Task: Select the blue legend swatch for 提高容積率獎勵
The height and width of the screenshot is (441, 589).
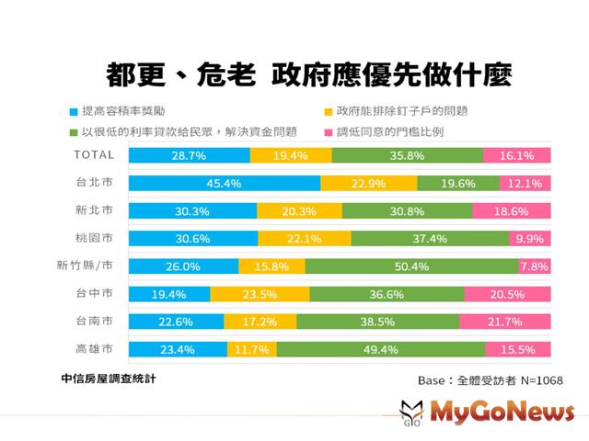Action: coord(73,111)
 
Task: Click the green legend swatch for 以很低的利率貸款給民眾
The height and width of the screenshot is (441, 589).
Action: coord(73,131)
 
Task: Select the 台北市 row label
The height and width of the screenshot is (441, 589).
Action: coord(94,183)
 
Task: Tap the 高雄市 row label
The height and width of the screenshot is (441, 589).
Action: coord(94,349)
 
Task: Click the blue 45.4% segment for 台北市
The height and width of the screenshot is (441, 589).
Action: coord(224,184)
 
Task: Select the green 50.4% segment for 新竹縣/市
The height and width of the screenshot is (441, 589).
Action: coord(411,266)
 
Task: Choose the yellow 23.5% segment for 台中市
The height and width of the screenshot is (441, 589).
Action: coord(260,295)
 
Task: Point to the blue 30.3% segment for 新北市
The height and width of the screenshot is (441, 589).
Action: coord(192,211)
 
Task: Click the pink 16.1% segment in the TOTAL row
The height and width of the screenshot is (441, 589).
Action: coord(516,156)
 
